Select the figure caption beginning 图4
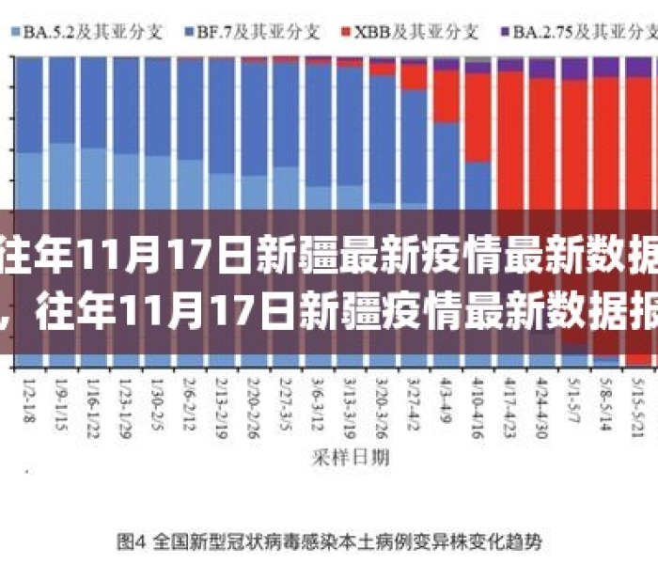[x=329, y=542]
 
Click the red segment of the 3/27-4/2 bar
[x=415, y=78]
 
